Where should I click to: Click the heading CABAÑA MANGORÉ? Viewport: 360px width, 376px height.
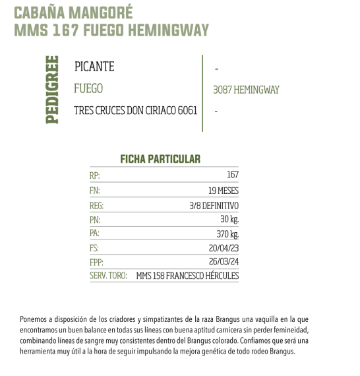coord(73,13)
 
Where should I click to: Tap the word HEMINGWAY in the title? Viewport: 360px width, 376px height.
coord(173,30)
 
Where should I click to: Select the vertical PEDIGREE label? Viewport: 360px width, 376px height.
coord(52,88)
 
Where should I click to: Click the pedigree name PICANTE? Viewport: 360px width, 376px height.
coord(94,67)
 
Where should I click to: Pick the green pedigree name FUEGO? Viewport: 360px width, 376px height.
coord(88,88)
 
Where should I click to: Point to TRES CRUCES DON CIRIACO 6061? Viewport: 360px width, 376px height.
coord(136,111)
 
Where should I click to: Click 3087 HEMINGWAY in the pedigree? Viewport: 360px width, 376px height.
coord(247,90)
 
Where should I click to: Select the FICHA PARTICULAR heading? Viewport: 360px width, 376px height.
coord(160,160)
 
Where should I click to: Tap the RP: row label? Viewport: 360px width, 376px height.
coord(95,175)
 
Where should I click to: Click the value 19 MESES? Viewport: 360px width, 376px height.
coord(223,191)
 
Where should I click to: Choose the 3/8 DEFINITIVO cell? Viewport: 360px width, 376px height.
coord(214,206)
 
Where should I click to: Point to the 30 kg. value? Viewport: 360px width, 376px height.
coord(229,220)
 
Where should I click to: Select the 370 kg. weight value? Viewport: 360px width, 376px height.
coord(227,234)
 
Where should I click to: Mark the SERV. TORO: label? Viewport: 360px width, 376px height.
coord(108,276)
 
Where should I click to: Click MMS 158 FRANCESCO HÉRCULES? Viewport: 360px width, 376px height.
coord(187,276)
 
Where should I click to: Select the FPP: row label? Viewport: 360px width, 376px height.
coord(96,263)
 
